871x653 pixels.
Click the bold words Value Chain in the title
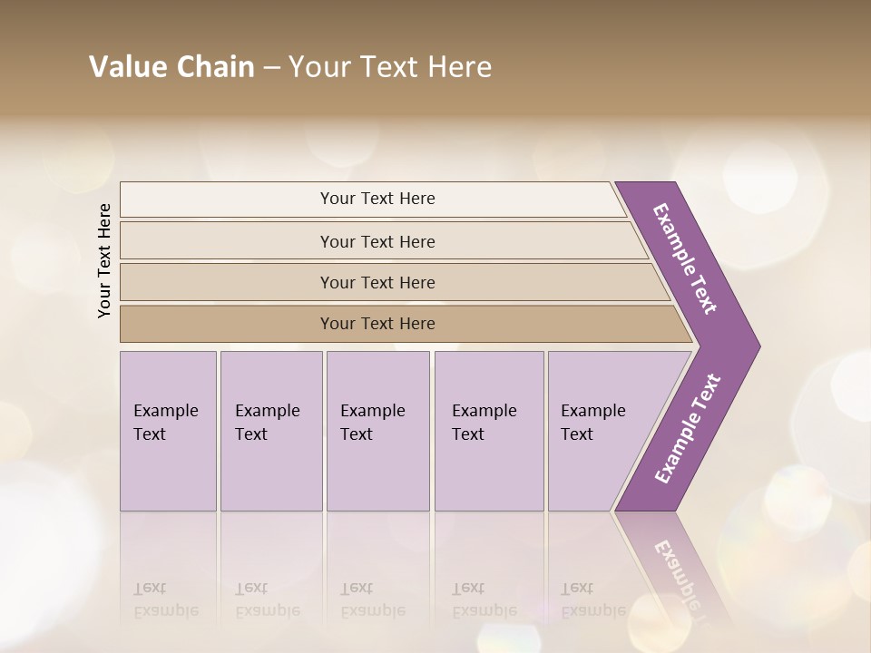pos(171,67)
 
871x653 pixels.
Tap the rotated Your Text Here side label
pos(104,260)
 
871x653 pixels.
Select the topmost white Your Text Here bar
pos(377,199)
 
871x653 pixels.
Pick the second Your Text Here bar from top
pos(377,241)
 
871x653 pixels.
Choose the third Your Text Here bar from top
pos(377,282)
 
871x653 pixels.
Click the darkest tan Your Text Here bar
pos(377,324)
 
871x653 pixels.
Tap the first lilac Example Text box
pos(168,430)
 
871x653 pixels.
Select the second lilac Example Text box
pos(270,430)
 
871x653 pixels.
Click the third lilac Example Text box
pos(377,430)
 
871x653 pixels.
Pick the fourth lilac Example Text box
pos(489,430)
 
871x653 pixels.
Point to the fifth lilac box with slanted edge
pos(599,430)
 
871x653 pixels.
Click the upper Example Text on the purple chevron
pos(686,258)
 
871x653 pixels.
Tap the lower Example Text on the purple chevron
pos(688,428)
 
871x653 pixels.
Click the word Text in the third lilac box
pos(357,434)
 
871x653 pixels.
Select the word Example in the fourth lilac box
pos(484,411)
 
